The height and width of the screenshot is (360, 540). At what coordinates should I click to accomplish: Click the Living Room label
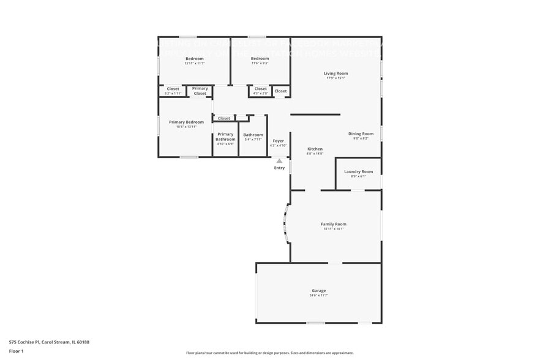coord(336,73)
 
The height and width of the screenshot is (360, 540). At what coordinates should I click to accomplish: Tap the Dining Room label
coord(361,133)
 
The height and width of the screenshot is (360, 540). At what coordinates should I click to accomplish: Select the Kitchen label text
coord(315,149)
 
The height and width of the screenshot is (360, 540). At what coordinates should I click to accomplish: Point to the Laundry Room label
coord(358,171)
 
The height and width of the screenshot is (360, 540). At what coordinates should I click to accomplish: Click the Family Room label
coord(333,224)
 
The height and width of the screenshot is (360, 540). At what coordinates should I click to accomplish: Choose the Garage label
coord(318,291)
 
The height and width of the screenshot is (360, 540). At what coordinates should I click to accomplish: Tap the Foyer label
coord(278,141)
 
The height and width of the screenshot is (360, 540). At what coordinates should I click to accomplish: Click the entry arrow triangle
coord(279,161)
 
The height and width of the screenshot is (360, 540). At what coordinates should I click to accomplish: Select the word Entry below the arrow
coord(279,168)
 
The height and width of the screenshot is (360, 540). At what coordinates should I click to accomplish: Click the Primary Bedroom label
coord(186,122)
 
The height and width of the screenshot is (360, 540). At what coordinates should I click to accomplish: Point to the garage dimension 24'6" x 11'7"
coord(318,296)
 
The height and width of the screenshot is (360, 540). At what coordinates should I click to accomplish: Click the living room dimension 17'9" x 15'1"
coord(336,78)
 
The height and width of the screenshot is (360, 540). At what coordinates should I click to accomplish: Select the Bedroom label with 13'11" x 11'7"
coord(193,59)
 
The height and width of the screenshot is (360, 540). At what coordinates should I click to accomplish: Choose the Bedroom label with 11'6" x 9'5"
coord(260,59)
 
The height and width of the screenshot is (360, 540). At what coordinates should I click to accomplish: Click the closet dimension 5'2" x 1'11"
coord(173,94)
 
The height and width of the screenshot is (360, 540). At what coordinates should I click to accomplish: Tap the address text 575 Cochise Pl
coord(26,342)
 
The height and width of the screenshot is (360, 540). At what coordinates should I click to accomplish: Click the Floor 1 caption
coord(17,351)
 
